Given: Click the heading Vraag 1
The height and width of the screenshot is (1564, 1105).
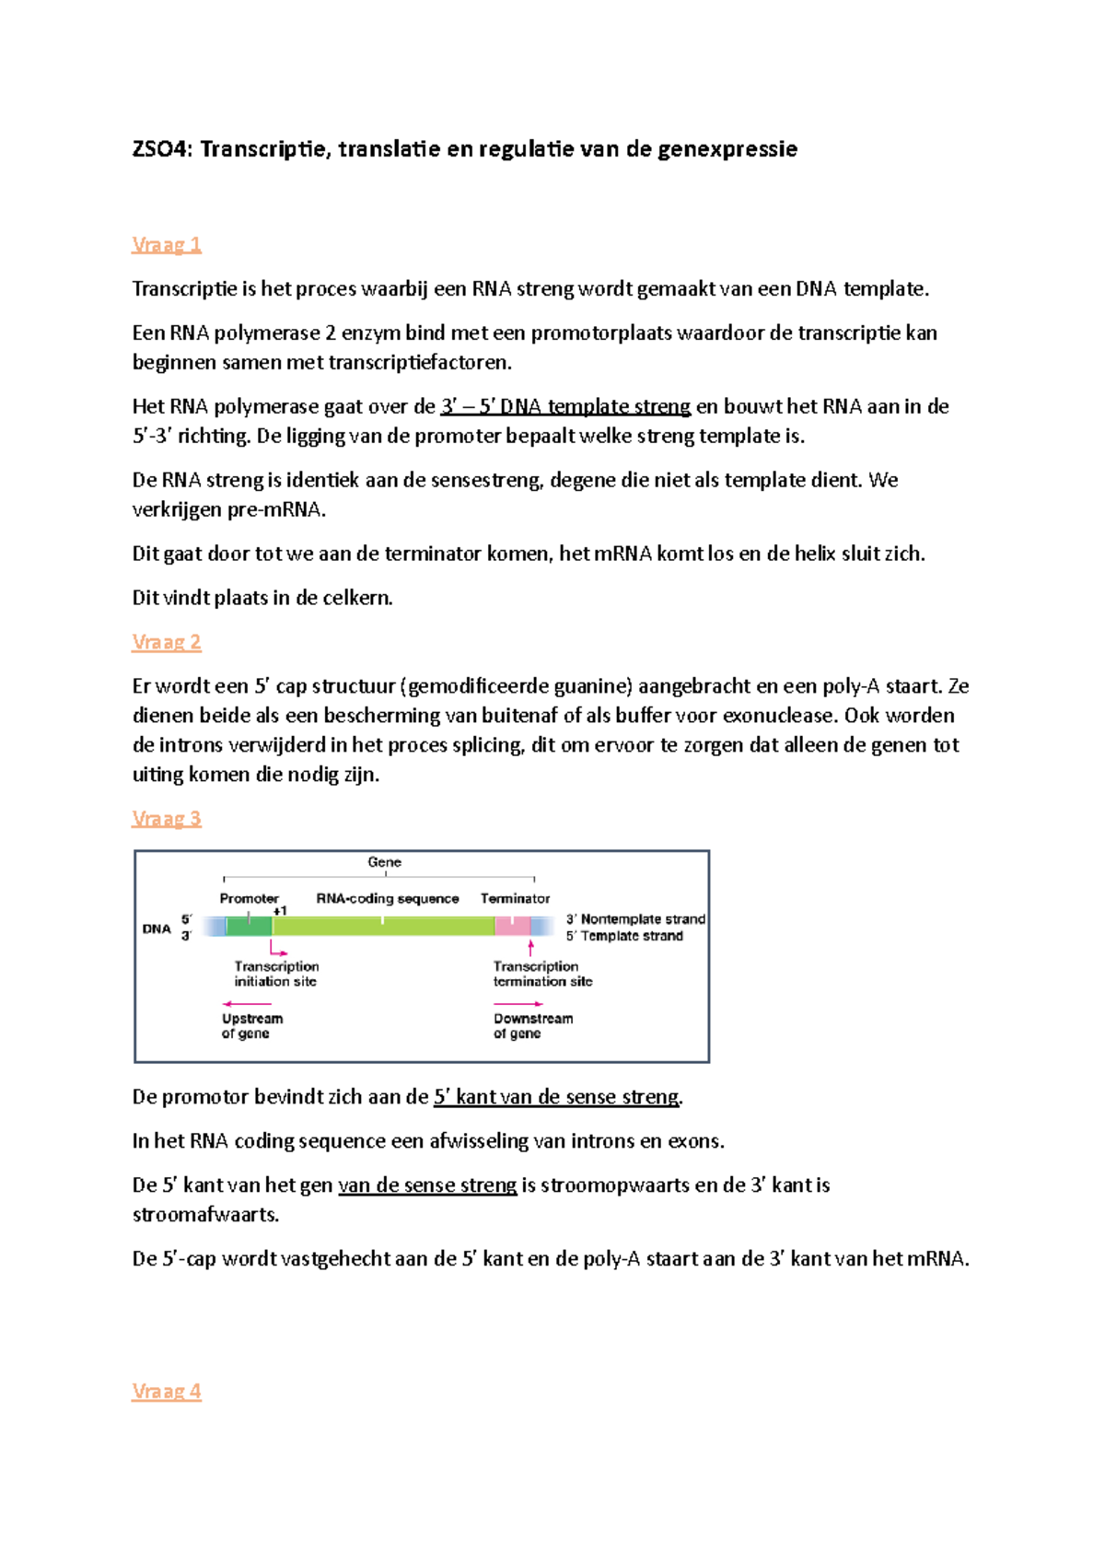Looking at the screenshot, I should (166, 245).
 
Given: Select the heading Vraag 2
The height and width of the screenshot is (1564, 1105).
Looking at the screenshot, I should (166, 642).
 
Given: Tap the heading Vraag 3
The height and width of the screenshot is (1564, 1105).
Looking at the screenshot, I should (166, 819).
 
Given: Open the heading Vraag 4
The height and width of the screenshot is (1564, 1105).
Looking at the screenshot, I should (166, 1392).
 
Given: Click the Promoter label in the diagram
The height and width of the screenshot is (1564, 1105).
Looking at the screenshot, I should (249, 898).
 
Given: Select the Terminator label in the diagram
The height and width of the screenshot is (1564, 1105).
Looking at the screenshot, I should (515, 898).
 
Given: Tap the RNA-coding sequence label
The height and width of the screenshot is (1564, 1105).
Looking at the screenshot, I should (388, 898).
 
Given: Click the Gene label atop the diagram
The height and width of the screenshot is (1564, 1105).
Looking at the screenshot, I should (384, 862).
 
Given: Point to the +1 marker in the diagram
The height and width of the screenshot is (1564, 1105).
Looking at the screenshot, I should (280, 911).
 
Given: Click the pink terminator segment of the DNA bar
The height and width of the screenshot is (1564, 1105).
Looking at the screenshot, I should (512, 926).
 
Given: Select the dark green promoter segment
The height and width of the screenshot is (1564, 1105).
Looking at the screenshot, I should (249, 926).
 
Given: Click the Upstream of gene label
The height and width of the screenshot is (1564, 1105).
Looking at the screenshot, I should (251, 1026).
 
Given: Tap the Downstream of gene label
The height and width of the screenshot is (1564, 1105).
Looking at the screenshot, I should (532, 1026).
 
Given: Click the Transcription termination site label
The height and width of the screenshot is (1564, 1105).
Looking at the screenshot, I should (541, 974).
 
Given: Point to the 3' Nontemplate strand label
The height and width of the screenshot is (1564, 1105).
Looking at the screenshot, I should (635, 919).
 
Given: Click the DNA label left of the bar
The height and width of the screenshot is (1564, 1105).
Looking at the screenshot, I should (157, 928).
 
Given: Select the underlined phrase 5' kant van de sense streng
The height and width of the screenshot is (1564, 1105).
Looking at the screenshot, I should (556, 1097).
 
